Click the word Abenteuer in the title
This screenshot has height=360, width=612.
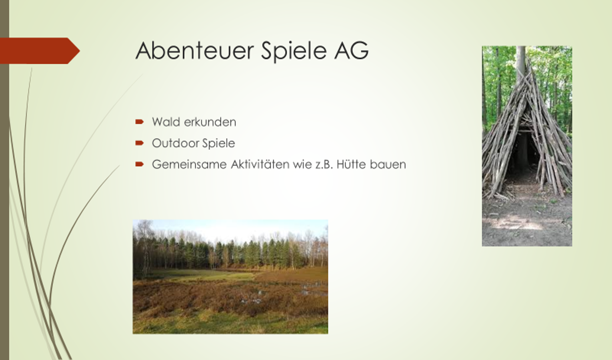(195, 50)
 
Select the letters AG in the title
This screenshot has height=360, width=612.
(352, 50)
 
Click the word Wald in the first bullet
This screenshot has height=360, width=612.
(166, 122)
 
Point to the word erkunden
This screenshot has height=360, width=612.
(210, 122)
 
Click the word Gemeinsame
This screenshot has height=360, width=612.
(189, 164)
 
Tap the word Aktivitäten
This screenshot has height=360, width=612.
(260, 164)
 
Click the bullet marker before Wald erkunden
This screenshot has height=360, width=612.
(139, 122)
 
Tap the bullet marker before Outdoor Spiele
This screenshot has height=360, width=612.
(139, 143)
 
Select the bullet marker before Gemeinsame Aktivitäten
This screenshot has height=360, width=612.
(139, 164)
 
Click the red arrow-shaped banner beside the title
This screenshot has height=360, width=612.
(40, 51)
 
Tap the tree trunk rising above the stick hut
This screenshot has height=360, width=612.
(521, 63)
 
